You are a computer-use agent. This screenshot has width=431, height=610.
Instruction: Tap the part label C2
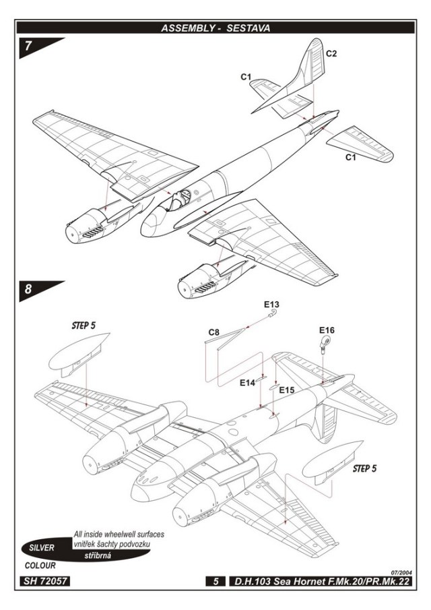332,53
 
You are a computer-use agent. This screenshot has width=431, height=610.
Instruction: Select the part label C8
214,332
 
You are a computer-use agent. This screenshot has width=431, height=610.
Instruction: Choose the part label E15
287,390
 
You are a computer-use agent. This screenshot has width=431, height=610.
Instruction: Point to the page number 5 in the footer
215,580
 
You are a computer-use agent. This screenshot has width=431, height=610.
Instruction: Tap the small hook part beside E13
271,313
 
